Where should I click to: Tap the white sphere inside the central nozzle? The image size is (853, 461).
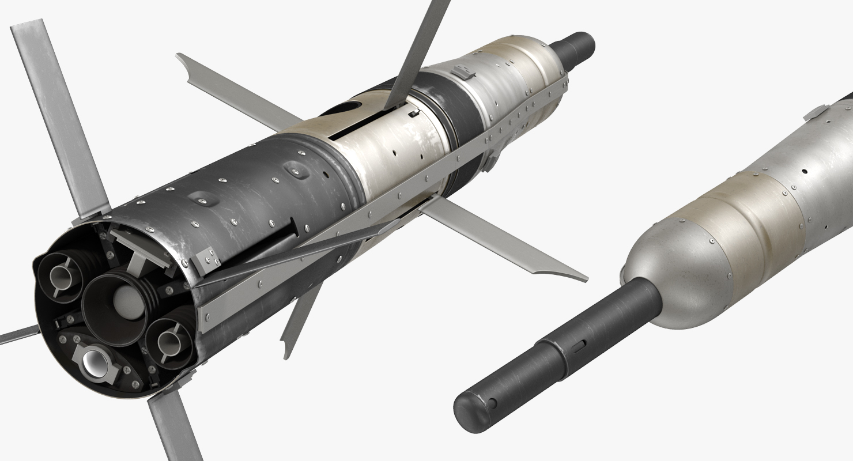coord(124,300)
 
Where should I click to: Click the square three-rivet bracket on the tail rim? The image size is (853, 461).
coord(205,260)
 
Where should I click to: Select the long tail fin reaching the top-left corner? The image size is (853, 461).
coord(58,115)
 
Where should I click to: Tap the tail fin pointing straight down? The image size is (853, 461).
coord(173,426)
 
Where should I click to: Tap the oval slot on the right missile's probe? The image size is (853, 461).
coord(579,344)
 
